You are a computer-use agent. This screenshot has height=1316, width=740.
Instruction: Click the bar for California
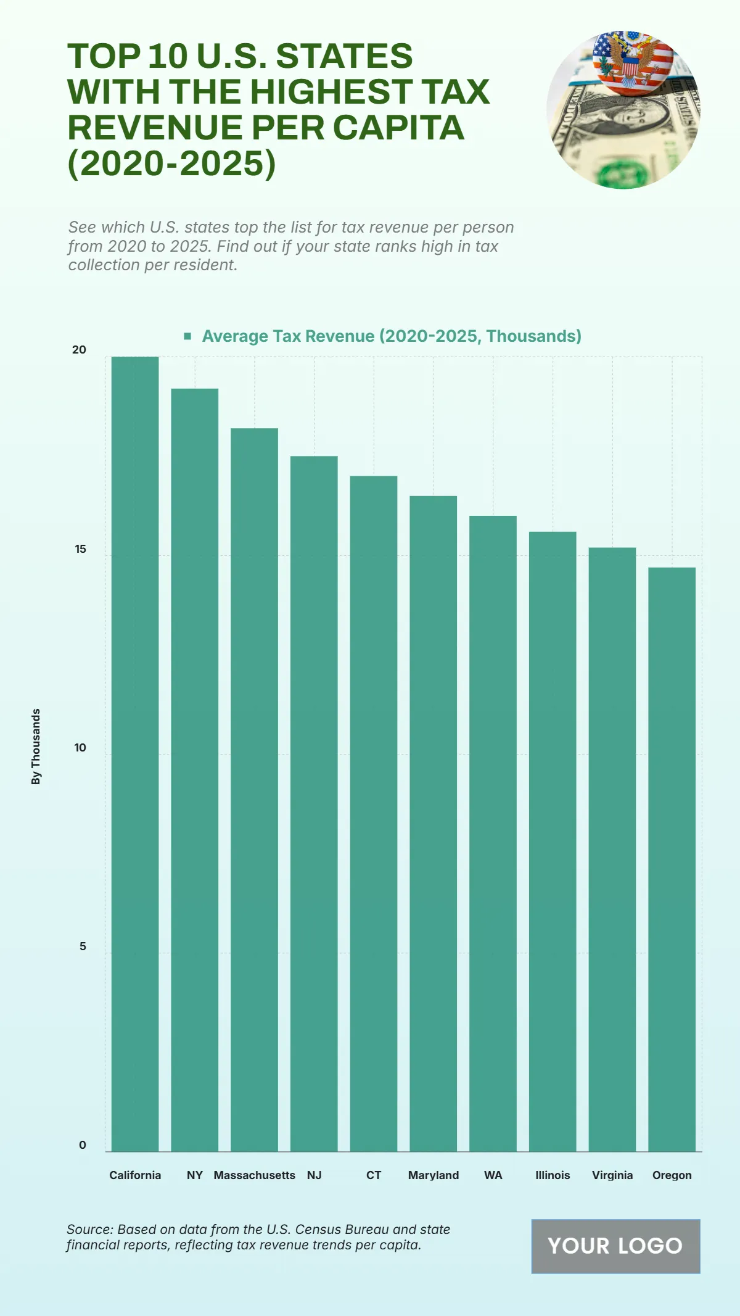135,754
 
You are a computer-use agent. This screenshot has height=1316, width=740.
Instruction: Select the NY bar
195,770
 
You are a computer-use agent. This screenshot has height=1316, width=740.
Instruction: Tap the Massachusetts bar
254,790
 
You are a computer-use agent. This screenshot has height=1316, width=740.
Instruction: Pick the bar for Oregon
672,859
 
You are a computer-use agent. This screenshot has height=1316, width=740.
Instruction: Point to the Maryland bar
433,824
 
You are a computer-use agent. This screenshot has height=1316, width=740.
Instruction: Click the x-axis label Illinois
553,1175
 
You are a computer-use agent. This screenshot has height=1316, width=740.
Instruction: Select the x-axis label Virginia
612,1175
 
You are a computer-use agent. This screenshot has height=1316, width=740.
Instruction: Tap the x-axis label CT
374,1175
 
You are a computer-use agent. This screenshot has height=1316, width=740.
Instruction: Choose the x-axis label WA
493,1175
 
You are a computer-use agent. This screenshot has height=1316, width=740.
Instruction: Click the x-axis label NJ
314,1175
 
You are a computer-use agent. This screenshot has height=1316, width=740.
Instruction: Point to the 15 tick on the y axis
80,548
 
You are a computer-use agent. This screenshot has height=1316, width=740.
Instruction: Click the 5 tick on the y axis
83,946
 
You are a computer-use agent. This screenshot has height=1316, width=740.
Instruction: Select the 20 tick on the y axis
80,350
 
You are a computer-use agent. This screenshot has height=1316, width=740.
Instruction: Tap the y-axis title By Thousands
36,747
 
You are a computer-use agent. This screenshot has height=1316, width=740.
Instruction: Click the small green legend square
187,336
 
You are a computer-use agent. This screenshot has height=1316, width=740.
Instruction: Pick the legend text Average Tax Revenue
392,336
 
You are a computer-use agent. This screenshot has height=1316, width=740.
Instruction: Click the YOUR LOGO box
615,1246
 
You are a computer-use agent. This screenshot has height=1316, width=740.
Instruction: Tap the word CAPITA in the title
398,128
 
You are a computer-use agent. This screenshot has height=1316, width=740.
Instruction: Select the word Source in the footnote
89,1229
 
